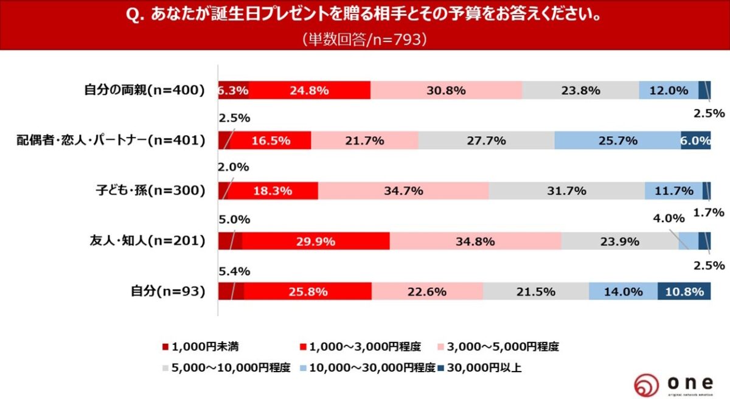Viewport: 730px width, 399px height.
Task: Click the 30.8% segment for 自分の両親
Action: (446, 91)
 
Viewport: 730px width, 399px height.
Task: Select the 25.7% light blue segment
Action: (617, 141)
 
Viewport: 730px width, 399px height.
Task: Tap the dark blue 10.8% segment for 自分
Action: (684, 291)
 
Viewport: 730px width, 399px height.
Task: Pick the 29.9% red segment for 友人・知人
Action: (316, 241)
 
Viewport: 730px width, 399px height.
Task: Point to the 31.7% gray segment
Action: (566, 191)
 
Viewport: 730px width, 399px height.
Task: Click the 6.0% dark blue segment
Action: (696, 141)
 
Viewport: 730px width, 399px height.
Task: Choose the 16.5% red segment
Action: (271, 141)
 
